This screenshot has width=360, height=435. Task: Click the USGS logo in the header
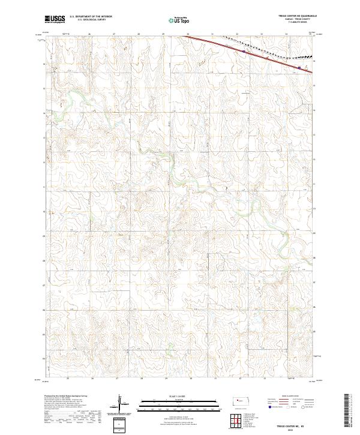(x=54, y=19)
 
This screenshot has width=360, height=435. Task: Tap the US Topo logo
(x=175, y=20)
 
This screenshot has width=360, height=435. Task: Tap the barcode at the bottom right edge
(x=348, y=412)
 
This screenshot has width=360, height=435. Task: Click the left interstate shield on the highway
(x=244, y=52)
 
